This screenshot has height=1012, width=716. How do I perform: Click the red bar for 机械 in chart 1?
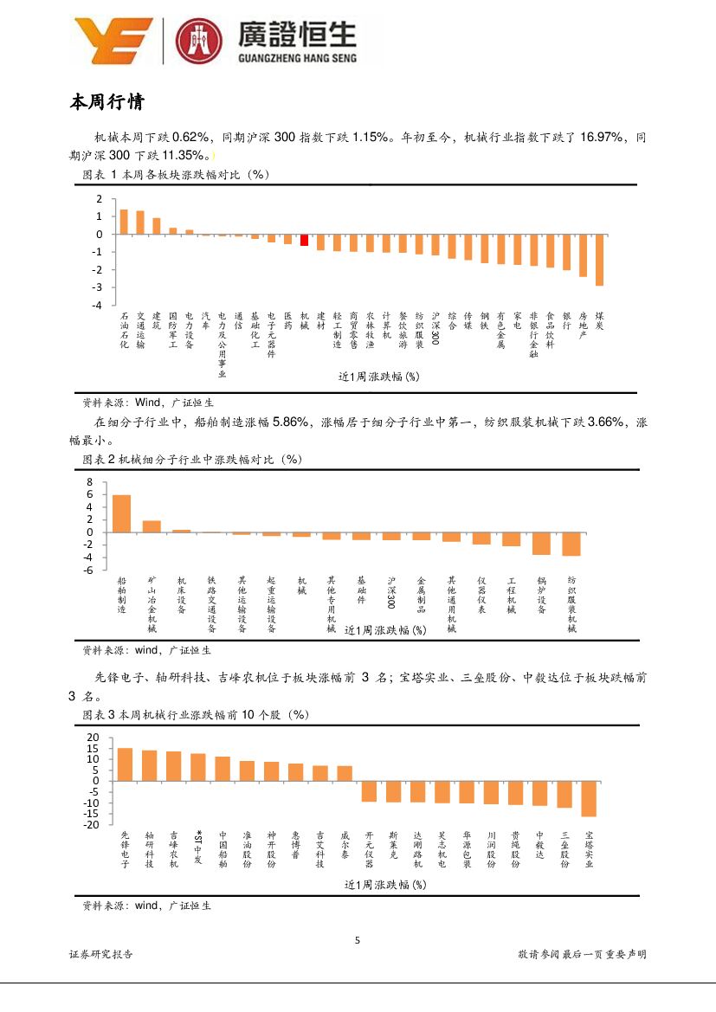pyautogui.click(x=305, y=240)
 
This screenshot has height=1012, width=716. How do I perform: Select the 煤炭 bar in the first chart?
pyautogui.click(x=599, y=260)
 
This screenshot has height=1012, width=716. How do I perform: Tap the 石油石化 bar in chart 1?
pyautogui.click(x=124, y=222)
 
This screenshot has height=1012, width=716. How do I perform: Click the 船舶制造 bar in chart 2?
pyautogui.click(x=122, y=513)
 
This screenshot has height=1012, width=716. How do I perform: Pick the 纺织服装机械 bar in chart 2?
pyautogui.click(x=571, y=544)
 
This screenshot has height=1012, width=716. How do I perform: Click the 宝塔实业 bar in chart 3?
pyautogui.click(x=589, y=798)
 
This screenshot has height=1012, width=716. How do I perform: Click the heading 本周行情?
pyautogui.click(x=106, y=103)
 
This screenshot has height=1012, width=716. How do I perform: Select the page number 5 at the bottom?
pyautogui.click(x=358, y=941)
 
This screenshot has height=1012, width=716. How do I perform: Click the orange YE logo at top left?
pyautogui.click(x=113, y=41)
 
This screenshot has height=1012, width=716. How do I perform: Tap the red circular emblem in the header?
pyautogui.click(x=199, y=42)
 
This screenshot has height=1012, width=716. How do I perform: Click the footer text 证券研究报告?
pyautogui.click(x=101, y=954)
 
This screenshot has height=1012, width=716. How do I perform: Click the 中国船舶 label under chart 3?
pyautogui.click(x=223, y=850)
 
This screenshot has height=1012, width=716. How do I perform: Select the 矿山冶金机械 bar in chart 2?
pyautogui.click(x=152, y=526)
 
